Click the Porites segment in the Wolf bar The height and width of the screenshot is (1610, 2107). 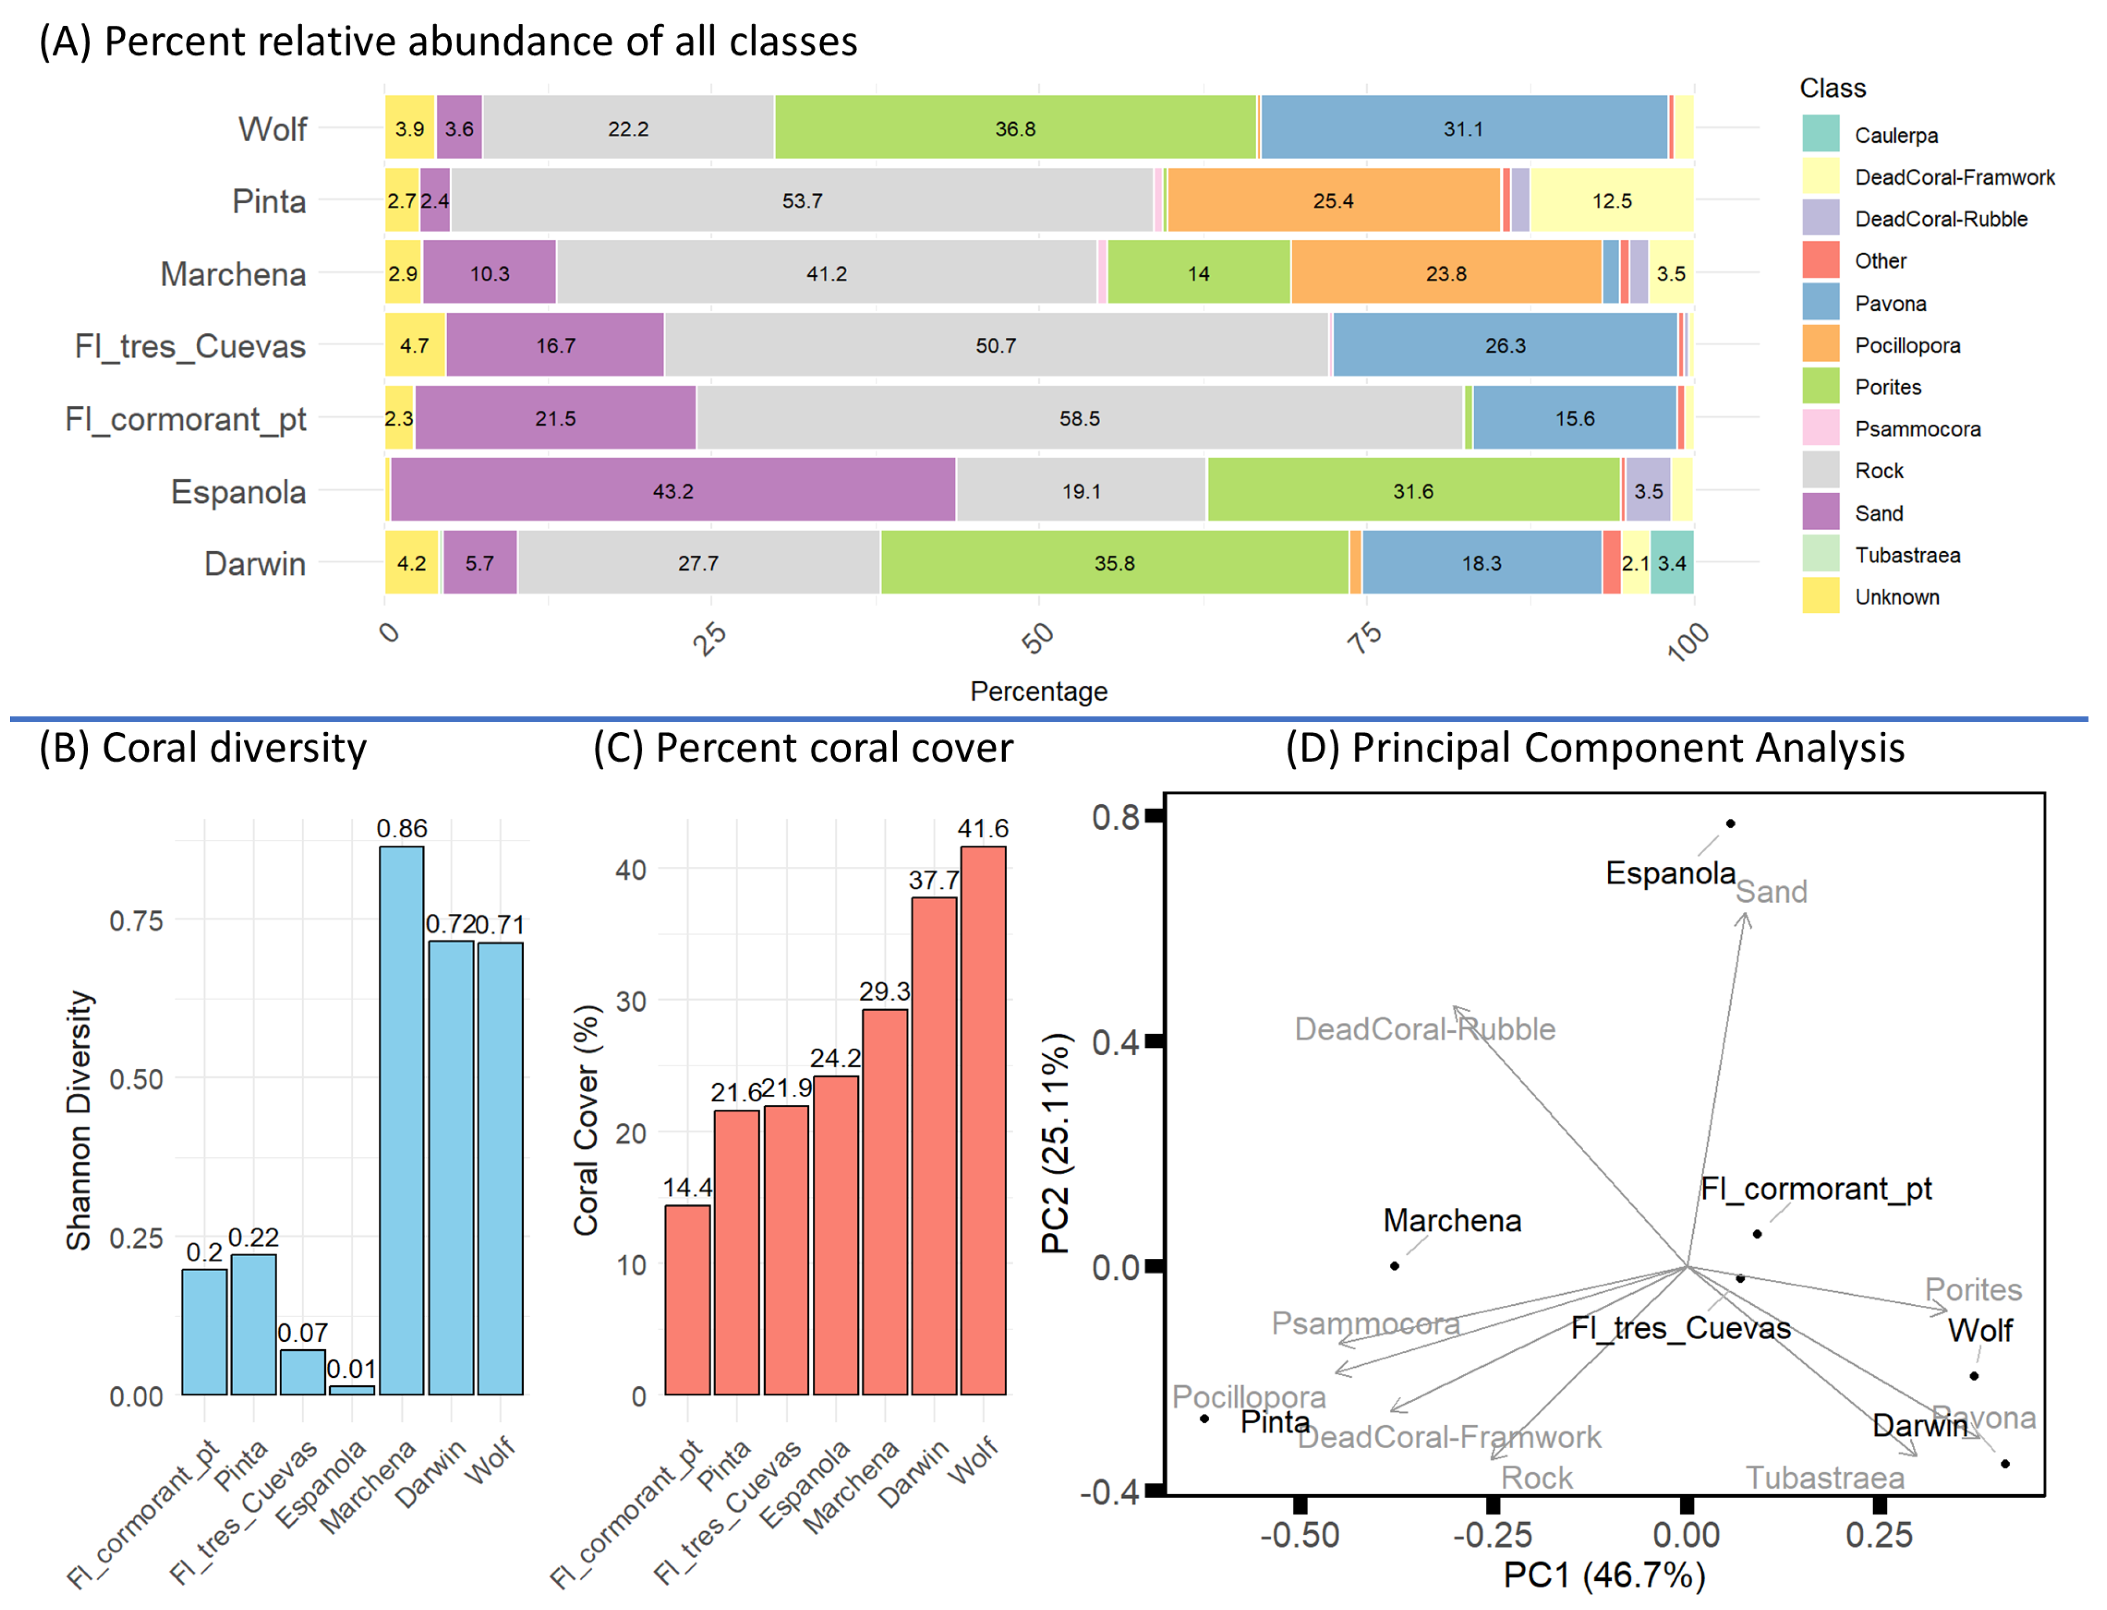(1015, 129)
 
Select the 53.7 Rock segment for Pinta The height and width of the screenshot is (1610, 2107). (802, 201)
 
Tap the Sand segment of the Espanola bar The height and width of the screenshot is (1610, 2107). (673, 491)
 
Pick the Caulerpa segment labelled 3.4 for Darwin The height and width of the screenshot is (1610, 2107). (1672, 563)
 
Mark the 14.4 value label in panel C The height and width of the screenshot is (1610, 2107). (687, 1187)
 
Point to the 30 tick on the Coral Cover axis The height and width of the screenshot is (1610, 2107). (631, 1001)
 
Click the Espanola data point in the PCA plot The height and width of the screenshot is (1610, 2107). (1730, 823)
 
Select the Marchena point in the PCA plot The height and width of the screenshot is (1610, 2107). (1395, 1266)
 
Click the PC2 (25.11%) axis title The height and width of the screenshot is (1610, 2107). (1056, 1144)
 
